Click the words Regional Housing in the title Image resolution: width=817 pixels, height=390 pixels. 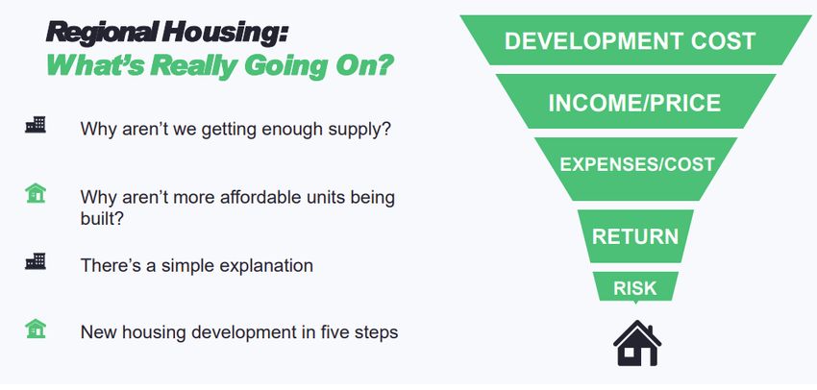click(x=166, y=34)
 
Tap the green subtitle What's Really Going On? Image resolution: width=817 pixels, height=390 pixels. click(x=219, y=65)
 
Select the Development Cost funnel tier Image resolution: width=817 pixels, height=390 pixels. click(x=635, y=40)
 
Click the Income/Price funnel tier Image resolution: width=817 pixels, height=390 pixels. click(x=635, y=102)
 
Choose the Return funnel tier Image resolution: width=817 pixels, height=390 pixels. click(x=635, y=236)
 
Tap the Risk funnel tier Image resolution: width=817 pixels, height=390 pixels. click(x=635, y=287)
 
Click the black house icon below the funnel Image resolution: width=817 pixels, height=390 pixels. click(x=636, y=343)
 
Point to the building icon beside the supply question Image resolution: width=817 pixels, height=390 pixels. click(x=36, y=125)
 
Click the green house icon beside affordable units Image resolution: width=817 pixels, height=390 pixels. click(x=36, y=193)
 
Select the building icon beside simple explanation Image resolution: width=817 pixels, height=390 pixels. click(x=36, y=261)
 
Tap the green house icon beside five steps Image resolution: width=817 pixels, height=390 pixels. click(x=36, y=329)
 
